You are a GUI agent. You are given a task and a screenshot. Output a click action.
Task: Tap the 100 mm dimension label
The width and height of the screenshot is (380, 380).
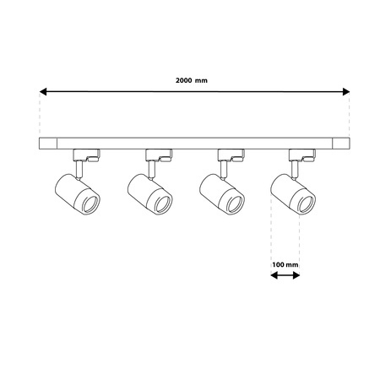point(285,263)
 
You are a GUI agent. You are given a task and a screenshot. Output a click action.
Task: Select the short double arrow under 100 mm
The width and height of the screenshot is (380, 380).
point(285,274)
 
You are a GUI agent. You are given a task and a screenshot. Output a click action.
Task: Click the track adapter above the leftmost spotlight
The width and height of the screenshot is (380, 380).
point(87,154)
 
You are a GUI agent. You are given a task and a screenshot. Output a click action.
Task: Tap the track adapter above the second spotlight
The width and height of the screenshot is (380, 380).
point(159,154)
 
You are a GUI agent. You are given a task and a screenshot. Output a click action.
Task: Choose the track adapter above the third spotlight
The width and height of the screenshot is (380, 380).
point(231,154)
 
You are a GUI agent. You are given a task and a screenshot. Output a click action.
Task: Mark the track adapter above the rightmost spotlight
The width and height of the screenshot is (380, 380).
point(302,154)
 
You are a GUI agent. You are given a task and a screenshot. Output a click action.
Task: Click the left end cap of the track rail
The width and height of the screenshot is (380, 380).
point(46,142)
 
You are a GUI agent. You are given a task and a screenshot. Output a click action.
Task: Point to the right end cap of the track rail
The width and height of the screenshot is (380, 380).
point(340,142)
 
